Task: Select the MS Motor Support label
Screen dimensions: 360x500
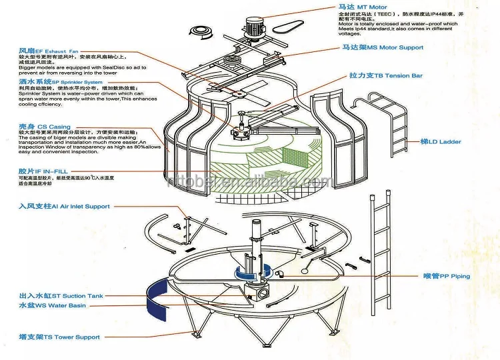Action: [383, 48]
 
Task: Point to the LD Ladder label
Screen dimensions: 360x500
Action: [441, 142]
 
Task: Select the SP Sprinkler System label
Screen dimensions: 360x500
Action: [60, 82]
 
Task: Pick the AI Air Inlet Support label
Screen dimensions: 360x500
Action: [64, 207]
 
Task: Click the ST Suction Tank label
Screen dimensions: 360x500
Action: [61, 295]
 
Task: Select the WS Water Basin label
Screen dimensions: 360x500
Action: [52, 305]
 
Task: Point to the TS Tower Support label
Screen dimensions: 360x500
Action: [59, 337]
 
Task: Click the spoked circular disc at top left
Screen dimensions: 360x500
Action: [202, 31]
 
